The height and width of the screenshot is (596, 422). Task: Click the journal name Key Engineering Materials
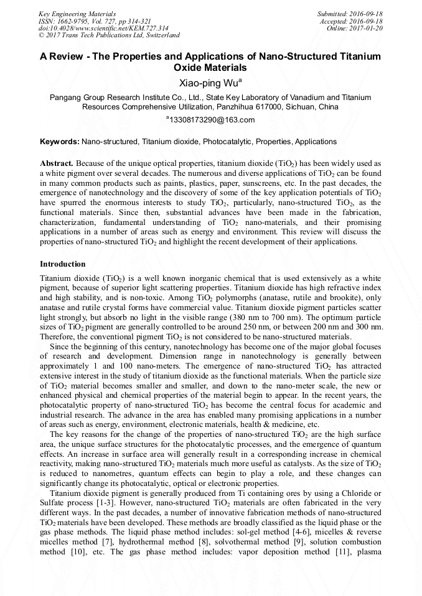click(77, 13)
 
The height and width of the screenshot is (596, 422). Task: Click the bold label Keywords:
click(59, 142)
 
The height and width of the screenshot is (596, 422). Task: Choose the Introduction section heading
click(63, 264)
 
